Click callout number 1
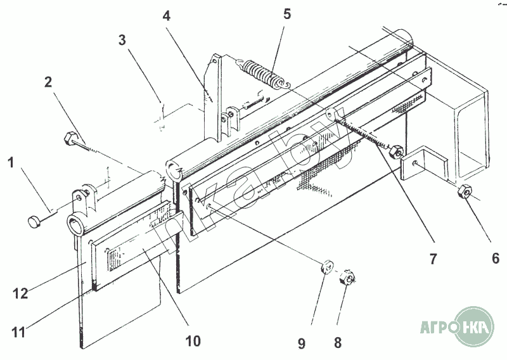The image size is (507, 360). pos(11,162)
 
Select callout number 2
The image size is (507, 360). pos(48,82)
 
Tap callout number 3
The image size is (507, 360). pos(122,41)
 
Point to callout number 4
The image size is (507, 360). pos(167,15)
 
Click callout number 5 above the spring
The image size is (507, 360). pos(287,15)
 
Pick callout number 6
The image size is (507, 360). pos(496,259)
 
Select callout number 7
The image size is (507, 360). pos(433,259)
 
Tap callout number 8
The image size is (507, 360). pos(338,343)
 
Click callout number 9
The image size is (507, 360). pos(302,343)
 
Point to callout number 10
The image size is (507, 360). pos(193,341)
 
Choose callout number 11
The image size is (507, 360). pos(18,332)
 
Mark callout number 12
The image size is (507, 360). pos(21,293)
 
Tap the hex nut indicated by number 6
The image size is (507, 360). pos(464,192)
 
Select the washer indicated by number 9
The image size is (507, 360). pos(326,267)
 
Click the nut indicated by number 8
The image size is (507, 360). pos(347,277)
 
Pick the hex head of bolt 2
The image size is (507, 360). pos(70,138)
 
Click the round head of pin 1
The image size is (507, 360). pos(33,222)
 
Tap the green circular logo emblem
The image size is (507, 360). pos(474,327)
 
